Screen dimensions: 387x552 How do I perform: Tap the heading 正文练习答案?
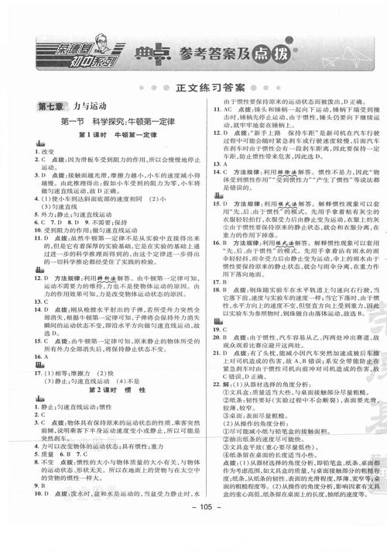[193, 88]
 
